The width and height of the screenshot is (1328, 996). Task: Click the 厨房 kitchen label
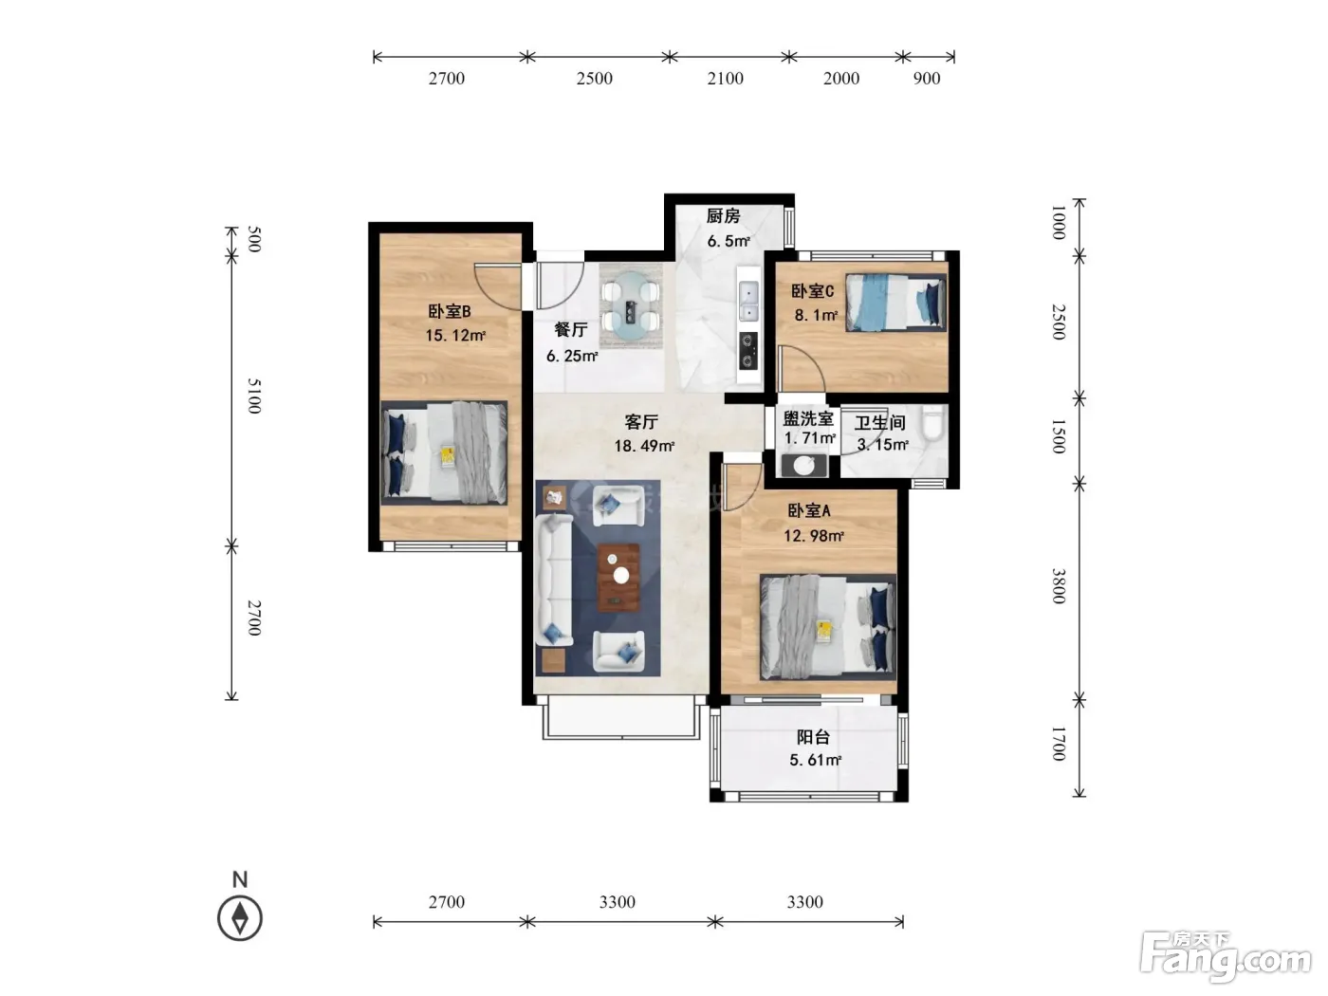point(723,216)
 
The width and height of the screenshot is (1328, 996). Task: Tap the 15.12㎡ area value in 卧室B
point(455,335)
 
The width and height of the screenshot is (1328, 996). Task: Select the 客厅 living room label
point(640,421)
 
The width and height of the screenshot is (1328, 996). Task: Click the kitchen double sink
point(748,301)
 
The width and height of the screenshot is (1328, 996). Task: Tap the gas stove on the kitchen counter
point(748,351)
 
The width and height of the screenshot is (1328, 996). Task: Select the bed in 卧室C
point(895,303)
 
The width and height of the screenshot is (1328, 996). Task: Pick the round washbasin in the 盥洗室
point(804,466)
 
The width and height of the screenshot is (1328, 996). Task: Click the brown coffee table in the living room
point(618,578)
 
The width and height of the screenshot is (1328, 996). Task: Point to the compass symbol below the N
point(240,918)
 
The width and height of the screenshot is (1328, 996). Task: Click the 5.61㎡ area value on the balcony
point(815,760)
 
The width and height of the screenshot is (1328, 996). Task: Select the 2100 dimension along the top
point(726,79)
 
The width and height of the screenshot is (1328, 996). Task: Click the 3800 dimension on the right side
point(1059,585)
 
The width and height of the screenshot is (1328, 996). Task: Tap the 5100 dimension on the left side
point(255,396)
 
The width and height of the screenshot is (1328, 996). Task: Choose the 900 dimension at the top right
point(926,79)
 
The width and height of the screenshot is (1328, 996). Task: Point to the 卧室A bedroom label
point(809,511)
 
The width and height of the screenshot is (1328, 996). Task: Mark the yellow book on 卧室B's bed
point(449,455)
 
